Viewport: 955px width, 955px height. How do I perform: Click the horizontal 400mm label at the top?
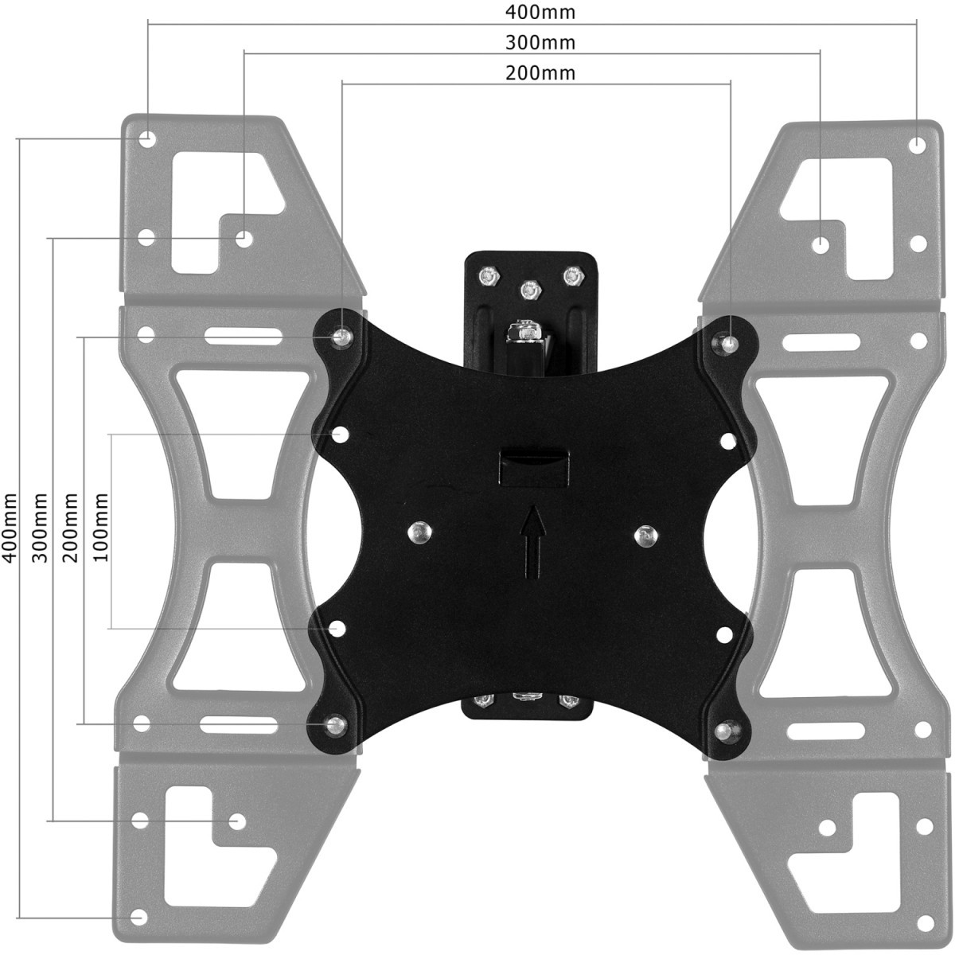coord(540,12)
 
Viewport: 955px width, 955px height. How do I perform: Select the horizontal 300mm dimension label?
coord(540,43)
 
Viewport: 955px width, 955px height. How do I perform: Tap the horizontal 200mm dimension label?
coord(540,73)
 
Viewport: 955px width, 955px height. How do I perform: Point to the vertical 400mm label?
coord(11,528)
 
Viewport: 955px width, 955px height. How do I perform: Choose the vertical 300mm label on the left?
coord(41,528)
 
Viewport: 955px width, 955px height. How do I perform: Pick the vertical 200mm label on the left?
coord(70,528)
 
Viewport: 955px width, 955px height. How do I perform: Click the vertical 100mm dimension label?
coord(100,528)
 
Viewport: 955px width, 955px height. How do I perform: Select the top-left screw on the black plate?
coord(341,337)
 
